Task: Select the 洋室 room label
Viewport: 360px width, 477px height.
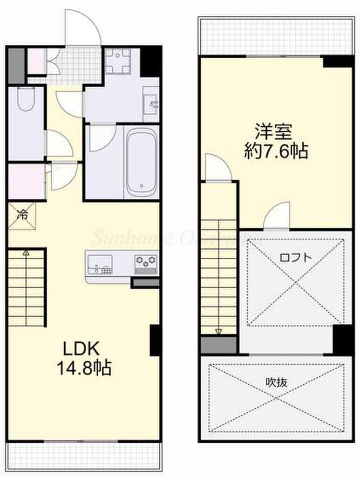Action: pos(273,132)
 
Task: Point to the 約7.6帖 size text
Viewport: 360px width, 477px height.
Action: pos(276,151)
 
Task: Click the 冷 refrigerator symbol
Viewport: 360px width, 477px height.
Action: pos(22,215)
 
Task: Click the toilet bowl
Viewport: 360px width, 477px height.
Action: pos(26,100)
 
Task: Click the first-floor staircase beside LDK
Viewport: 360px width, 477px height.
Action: pos(27,288)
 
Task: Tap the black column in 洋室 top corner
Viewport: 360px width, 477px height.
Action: pos(337,61)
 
